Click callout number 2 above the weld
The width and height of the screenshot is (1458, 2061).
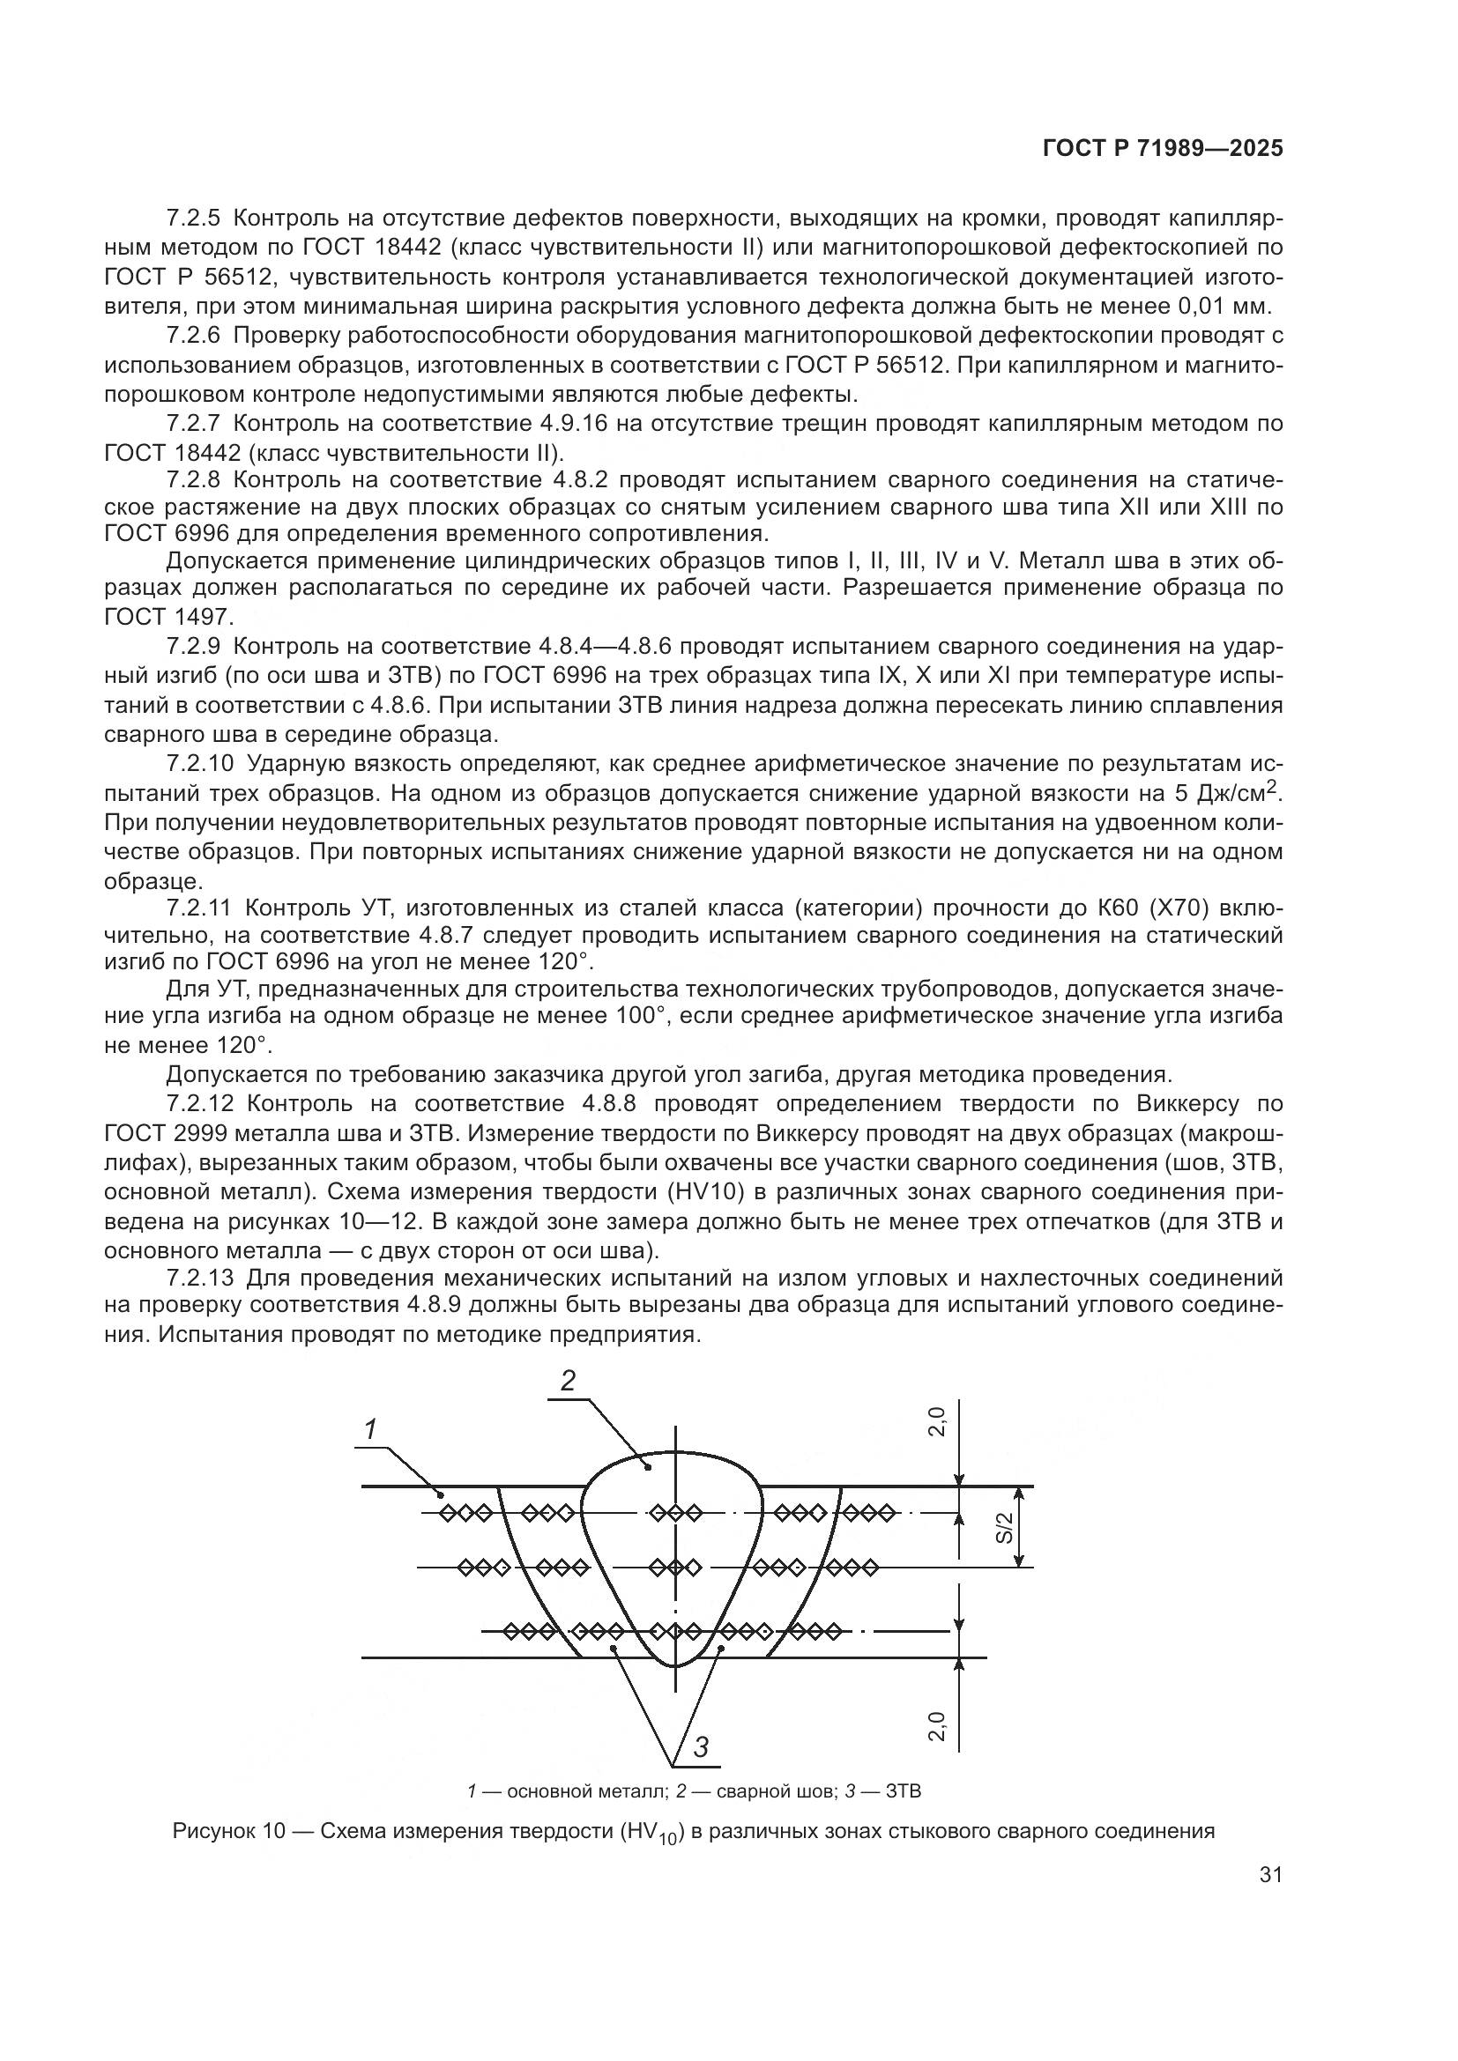(568, 1380)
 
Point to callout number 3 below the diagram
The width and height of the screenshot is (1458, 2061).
(701, 1746)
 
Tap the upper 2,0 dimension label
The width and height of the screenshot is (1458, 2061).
(936, 1422)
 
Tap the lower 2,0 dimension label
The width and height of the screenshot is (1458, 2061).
(936, 1726)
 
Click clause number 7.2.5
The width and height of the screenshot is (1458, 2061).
(193, 219)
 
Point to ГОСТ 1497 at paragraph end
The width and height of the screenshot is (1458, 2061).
(167, 617)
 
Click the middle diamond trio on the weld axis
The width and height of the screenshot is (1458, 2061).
(674, 1567)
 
